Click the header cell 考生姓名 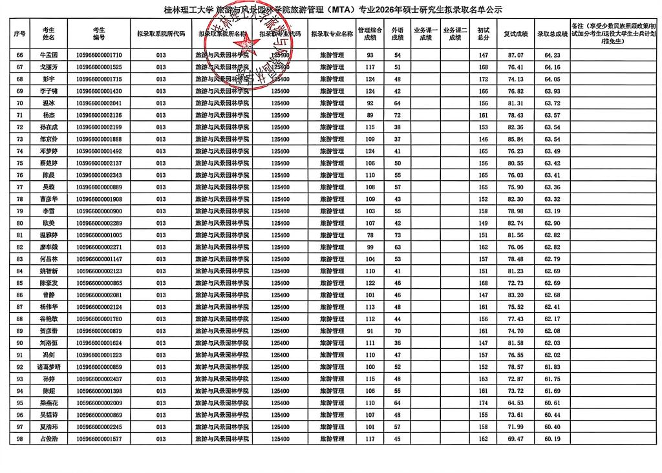point(48,34)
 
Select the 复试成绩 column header point(515,34)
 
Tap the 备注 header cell point(615,34)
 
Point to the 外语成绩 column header point(398,34)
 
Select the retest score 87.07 point(515,56)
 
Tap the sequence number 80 point(19,223)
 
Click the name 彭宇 point(48,79)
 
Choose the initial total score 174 point(483,403)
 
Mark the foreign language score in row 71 point(398,115)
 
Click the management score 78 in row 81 point(370,235)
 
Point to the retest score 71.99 point(515,427)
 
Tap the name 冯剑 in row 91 point(48,355)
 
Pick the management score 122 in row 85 point(370,283)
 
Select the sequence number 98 point(19,439)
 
